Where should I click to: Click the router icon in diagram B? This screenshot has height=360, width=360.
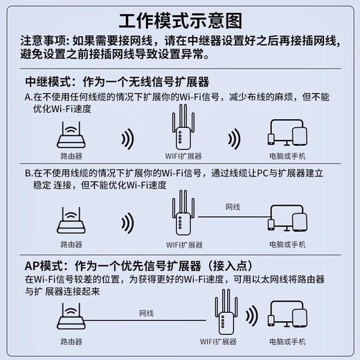71,222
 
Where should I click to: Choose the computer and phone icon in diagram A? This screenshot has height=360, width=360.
287,136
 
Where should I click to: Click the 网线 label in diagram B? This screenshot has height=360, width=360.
233,207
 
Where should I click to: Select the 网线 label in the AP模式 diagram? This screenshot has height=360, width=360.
146,312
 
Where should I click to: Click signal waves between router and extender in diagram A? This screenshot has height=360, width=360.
128,137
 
